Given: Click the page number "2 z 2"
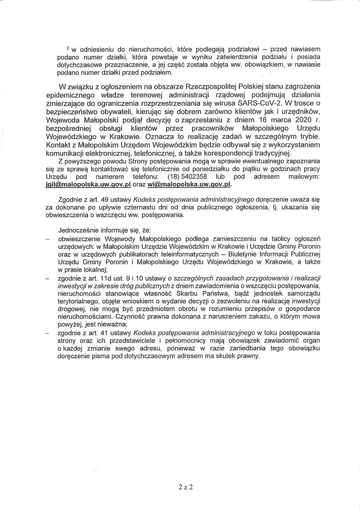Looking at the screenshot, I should click(185, 487).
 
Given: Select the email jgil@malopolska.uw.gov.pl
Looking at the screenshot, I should click(88, 185).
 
